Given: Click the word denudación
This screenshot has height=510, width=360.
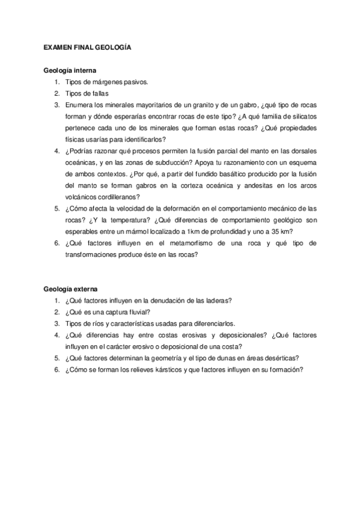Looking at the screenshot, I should click(x=170, y=301).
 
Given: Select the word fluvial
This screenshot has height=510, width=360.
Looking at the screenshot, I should click(x=138, y=312).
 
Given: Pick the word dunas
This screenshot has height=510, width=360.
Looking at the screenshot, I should click(x=218, y=358).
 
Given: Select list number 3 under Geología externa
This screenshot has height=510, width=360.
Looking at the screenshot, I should click(x=56, y=324).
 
